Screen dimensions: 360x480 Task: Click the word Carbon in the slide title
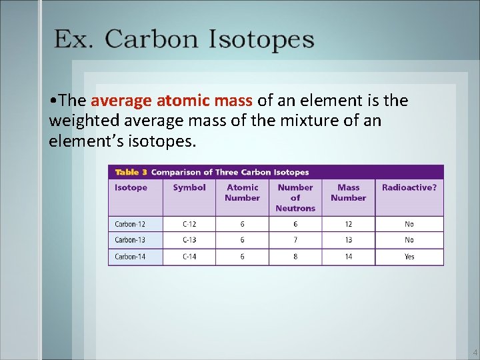pyautogui.click(x=151, y=39)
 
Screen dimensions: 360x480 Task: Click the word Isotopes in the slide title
pyautogui.click(x=261, y=39)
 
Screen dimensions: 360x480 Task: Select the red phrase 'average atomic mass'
pyautogui.click(x=171, y=101)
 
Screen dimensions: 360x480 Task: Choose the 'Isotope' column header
pyautogui.click(x=131, y=187)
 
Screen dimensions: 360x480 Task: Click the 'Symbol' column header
pyautogui.click(x=189, y=187)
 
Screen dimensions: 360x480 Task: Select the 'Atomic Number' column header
pyautogui.click(x=242, y=193)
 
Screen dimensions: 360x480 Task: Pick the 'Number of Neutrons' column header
pyautogui.click(x=295, y=197)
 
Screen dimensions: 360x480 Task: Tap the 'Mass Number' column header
pyautogui.click(x=348, y=193)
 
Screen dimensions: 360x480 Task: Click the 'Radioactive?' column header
pyautogui.click(x=409, y=187)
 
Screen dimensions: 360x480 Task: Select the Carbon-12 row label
pyautogui.click(x=130, y=224)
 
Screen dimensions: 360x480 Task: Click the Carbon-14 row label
pyautogui.click(x=130, y=257)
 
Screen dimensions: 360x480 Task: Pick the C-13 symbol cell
pyautogui.click(x=189, y=240)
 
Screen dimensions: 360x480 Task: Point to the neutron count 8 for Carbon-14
pyautogui.click(x=295, y=257)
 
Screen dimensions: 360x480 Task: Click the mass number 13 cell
pyautogui.click(x=348, y=240)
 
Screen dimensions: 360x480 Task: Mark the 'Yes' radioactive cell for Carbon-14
pyautogui.click(x=409, y=257)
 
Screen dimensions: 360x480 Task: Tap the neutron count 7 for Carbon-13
pyautogui.click(x=295, y=240)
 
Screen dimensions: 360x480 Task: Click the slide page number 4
pyautogui.click(x=475, y=353)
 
